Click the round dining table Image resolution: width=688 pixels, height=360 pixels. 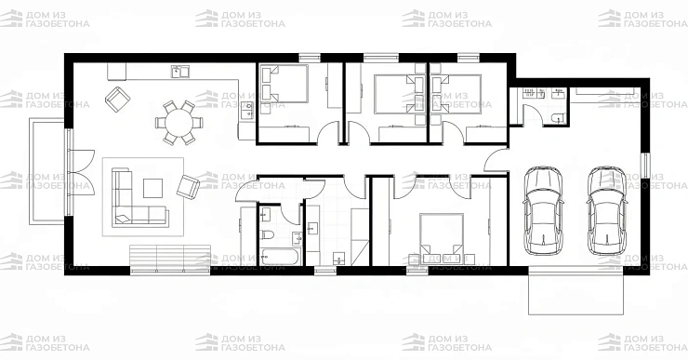[x=179, y=124]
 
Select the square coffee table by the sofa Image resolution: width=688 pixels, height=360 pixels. [x=152, y=188]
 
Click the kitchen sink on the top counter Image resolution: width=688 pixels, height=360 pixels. [x=179, y=72]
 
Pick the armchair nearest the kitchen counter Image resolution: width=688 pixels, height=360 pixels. [x=117, y=99]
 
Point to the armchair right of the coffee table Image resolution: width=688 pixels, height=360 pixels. [x=188, y=187]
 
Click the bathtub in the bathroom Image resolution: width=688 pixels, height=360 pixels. [x=280, y=257]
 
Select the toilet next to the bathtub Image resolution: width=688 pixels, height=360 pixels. [x=266, y=234]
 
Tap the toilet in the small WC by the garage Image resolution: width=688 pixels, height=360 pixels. [x=557, y=117]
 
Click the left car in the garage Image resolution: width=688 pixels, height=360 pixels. [x=543, y=210]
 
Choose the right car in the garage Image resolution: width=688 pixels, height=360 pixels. [x=607, y=210]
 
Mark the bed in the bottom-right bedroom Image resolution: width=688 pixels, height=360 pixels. [x=442, y=238]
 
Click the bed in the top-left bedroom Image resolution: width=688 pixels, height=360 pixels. [x=284, y=84]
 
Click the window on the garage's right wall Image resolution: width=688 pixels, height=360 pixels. [x=645, y=166]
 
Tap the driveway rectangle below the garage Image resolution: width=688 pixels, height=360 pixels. [x=576, y=293]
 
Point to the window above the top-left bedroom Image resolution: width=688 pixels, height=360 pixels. [x=310, y=58]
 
